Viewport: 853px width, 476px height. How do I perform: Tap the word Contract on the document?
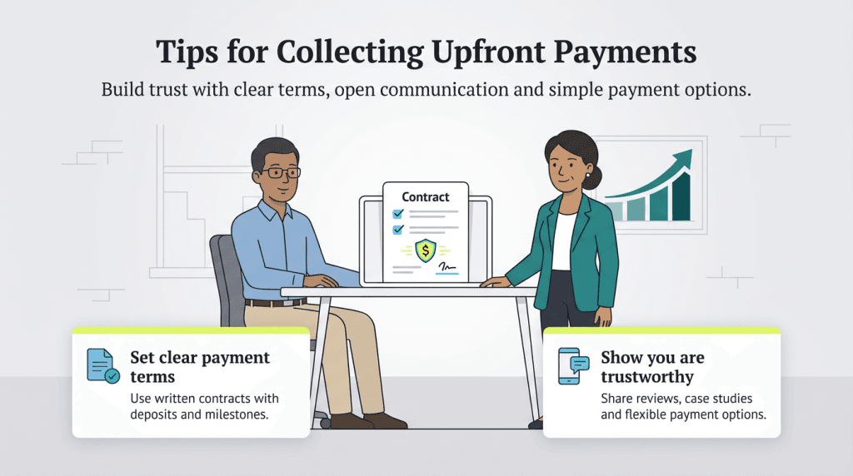[x=425, y=197]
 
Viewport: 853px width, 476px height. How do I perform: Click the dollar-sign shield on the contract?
[x=426, y=249]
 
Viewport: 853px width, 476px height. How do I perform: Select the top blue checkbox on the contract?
[x=398, y=214]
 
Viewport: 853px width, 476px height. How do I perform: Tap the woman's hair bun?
[x=595, y=175]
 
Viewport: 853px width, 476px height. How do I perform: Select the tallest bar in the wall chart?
[x=681, y=199]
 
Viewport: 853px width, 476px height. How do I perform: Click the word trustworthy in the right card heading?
[x=647, y=377]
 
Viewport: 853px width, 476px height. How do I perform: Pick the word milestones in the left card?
[x=236, y=414]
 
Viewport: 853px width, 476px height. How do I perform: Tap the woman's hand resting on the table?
[x=493, y=282]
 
